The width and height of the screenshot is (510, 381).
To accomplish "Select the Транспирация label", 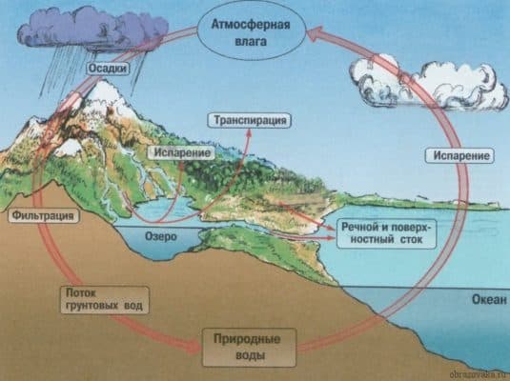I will pos(249,120).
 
